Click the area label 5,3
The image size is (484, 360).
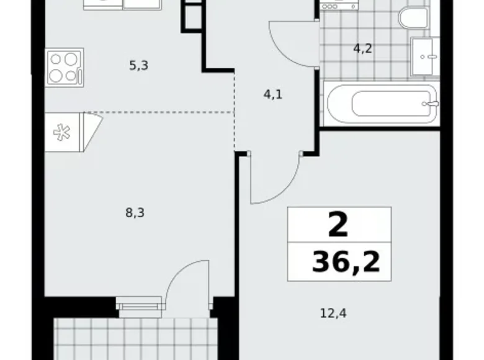point(138,64)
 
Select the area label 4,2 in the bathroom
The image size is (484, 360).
point(362,48)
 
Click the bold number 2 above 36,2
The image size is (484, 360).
point(338,226)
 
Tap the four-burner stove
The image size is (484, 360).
point(64,68)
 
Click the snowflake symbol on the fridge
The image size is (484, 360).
point(63,132)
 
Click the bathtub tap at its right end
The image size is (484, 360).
point(427,104)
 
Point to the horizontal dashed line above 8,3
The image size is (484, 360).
point(161,112)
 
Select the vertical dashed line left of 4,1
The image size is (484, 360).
point(235,112)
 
